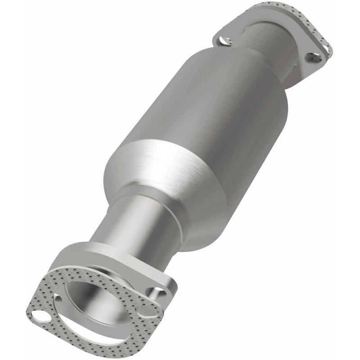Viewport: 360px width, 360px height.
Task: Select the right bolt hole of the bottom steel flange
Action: (x=159, y=293)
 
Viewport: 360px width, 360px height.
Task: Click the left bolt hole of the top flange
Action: (x=223, y=41)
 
